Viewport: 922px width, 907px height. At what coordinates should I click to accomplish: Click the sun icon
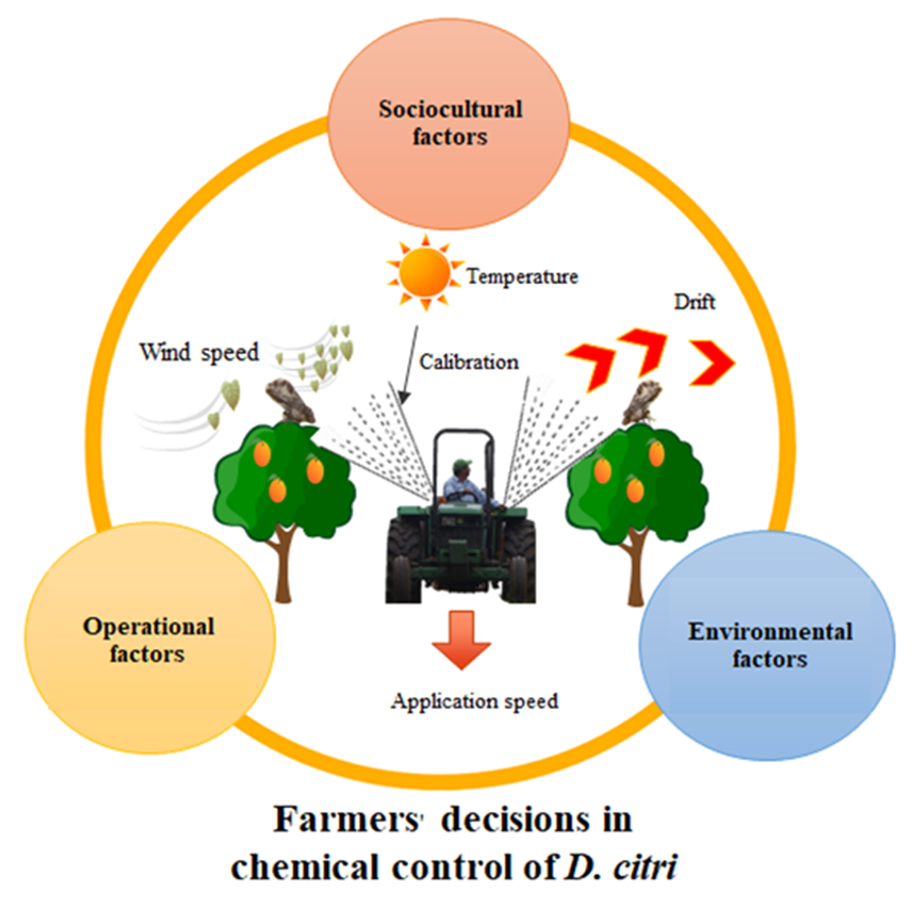tap(425, 272)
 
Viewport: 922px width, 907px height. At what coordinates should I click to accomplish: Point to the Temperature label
tap(522, 277)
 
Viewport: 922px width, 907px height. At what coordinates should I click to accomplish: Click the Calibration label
tap(468, 362)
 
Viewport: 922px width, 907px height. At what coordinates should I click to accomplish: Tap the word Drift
tap(694, 301)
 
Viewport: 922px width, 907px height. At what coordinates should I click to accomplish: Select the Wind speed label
tap(199, 352)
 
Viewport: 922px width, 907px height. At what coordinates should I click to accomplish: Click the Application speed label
tap(474, 701)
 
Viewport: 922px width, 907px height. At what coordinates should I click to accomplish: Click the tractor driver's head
tap(462, 468)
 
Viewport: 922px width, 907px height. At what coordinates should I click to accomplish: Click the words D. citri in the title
tap(621, 868)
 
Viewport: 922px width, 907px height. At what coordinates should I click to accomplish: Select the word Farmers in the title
tap(346, 820)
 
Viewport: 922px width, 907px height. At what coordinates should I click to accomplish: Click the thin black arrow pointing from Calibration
tap(407, 365)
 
